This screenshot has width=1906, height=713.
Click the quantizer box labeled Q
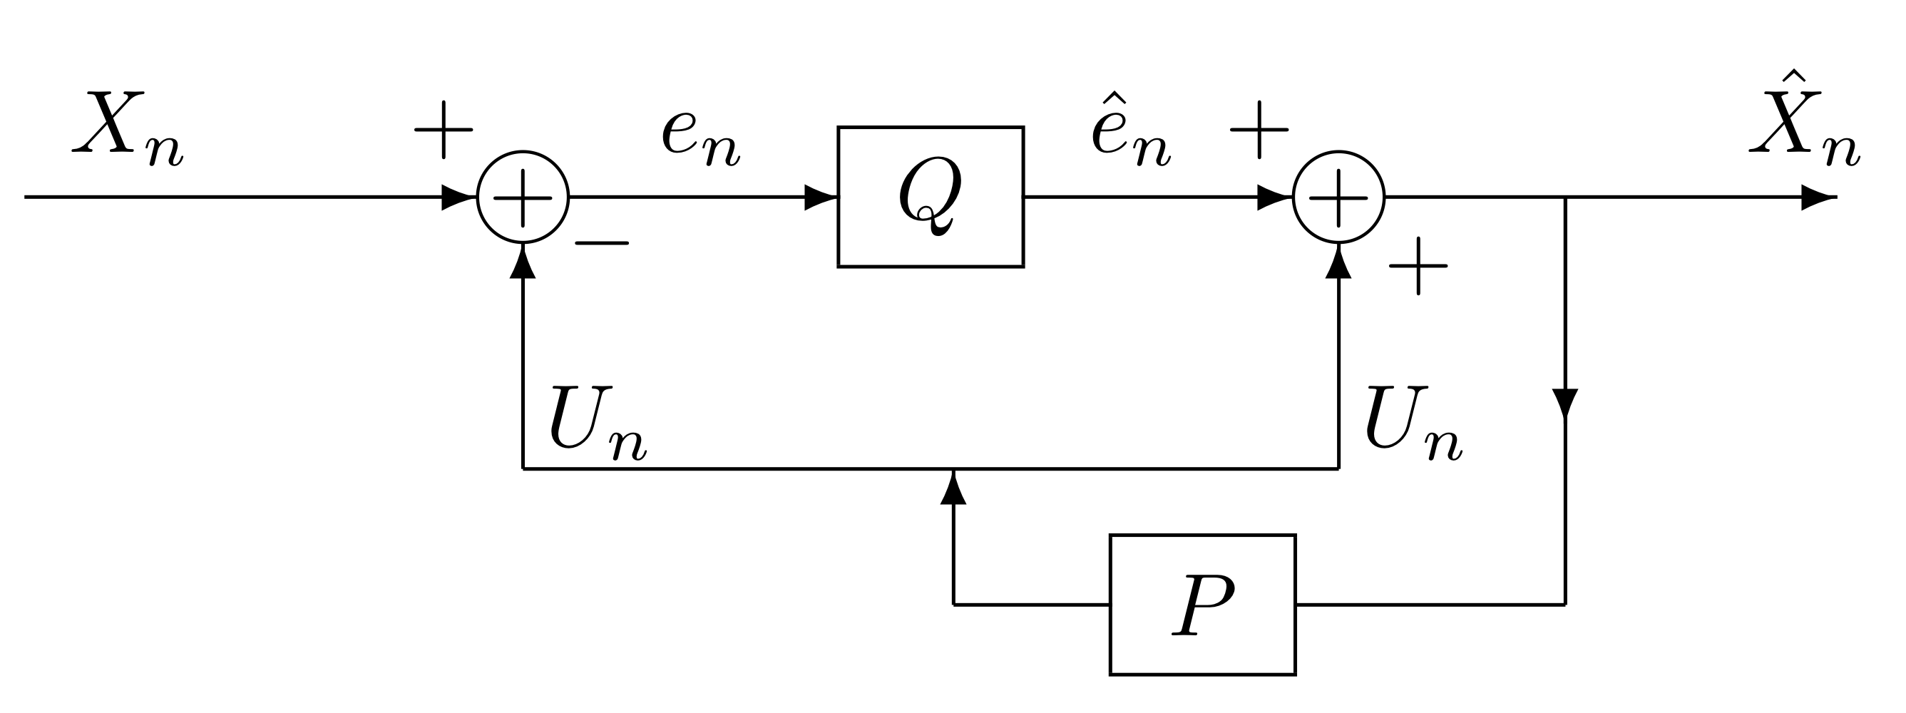(930, 197)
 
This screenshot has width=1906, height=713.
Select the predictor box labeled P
(1202, 605)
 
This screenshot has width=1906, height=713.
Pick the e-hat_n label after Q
(1129, 133)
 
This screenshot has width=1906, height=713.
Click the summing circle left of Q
(523, 198)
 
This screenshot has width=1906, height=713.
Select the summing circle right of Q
(1338, 198)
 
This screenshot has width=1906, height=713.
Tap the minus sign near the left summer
(602, 242)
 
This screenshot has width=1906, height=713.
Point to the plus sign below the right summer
(1418, 266)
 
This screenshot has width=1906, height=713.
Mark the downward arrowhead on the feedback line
(1565, 403)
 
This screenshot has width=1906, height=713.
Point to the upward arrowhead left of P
(953, 490)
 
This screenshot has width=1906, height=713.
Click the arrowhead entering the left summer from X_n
(458, 198)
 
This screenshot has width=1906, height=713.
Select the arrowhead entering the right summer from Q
(1274, 198)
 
